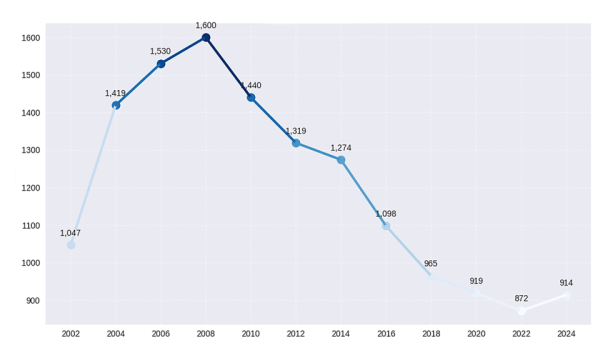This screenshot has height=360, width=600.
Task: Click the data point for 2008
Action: click(x=206, y=38)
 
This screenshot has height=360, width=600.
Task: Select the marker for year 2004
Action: click(x=116, y=105)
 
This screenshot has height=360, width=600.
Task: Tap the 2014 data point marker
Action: click(x=341, y=160)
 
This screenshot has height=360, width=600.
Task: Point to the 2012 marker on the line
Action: click(x=296, y=143)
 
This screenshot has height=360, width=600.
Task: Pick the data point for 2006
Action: click(x=161, y=64)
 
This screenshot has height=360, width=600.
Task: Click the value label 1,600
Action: click(x=206, y=25)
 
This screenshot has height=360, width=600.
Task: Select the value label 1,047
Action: click(x=70, y=233)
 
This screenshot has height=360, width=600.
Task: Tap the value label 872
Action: click(x=521, y=298)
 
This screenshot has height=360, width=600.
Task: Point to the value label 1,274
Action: click(x=341, y=148)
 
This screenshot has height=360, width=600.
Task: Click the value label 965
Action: click(x=431, y=264)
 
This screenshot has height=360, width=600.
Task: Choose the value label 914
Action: click(x=566, y=283)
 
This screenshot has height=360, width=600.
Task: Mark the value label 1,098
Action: click(x=386, y=214)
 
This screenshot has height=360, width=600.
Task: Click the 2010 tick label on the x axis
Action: click(x=251, y=333)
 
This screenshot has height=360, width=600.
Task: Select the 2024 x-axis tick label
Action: click(x=566, y=333)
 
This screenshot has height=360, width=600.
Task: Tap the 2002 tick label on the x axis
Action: click(x=71, y=333)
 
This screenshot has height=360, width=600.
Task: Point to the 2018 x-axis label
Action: click(x=431, y=333)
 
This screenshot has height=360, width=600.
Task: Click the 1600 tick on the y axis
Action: click(x=30, y=38)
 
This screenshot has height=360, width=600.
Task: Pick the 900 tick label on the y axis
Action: click(x=32, y=301)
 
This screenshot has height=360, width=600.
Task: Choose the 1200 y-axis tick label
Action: click(x=30, y=188)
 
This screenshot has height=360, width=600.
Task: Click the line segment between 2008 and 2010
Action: click(x=229, y=68)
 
